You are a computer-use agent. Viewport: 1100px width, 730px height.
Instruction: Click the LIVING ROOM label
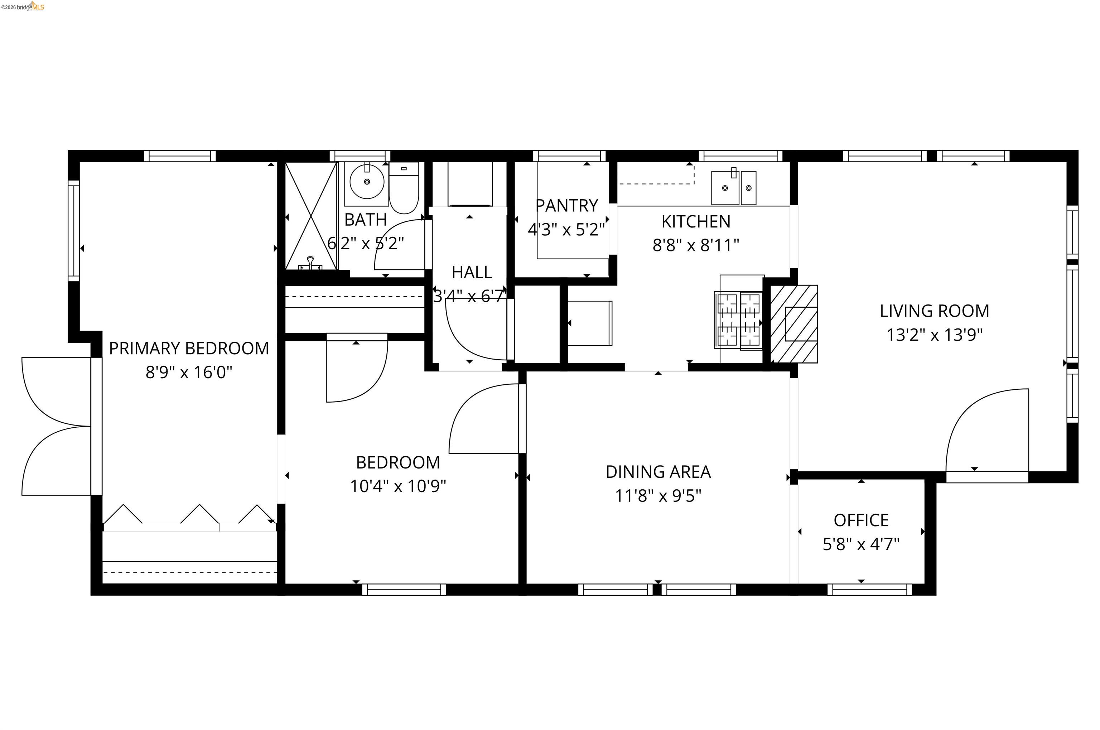[934, 311]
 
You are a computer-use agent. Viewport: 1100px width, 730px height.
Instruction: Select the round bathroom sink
[367, 182]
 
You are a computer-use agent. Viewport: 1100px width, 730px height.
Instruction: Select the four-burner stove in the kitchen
[738, 320]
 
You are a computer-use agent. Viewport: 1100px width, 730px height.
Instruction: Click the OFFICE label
[861, 520]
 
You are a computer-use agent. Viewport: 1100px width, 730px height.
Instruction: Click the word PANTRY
[566, 205]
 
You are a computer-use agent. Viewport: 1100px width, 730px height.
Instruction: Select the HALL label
[471, 272]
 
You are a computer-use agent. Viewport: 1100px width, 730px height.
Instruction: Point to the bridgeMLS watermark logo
[23, 6]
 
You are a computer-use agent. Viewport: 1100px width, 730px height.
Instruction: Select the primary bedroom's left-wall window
[73, 231]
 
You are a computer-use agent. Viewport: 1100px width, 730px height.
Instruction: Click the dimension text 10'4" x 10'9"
[398, 486]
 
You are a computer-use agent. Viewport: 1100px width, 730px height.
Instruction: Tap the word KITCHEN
[696, 222]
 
